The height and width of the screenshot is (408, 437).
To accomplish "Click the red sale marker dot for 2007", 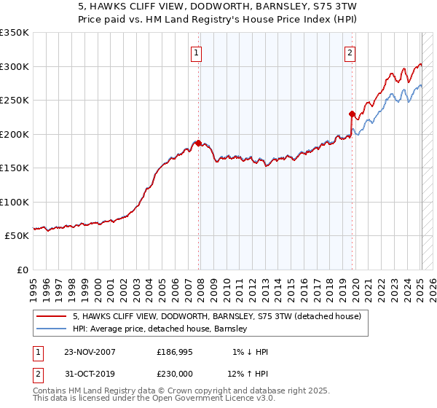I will pyautogui.click(x=198, y=143).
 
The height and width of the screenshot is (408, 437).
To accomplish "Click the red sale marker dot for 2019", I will pyautogui.click(x=352, y=114).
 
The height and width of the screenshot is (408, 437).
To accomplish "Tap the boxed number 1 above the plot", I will pyautogui.click(x=197, y=52).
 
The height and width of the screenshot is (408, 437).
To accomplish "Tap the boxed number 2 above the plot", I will pyautogui.click(x=350, y=52).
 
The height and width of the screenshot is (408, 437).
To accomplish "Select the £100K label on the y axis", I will pyautogui.click(x=15, y=202).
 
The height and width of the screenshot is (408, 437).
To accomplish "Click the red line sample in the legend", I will pyautogui.click(x=52, y=316).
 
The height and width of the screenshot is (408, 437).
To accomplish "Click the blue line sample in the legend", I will pyautogui.click(x=52, y=329).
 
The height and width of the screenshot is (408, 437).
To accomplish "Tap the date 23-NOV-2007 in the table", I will pyautogui.click(x=90, y=352).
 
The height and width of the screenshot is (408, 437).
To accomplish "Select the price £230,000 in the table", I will pyautogui.click(x=175, y=373).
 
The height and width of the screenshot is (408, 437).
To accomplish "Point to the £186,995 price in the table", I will pyautogui.click(x=175, y=352).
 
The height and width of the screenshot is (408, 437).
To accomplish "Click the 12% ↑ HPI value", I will pyautogui.click(x=248, y=373).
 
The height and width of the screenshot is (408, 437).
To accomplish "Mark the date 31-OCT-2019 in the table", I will pyautogui.click(x=90, y=373).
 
